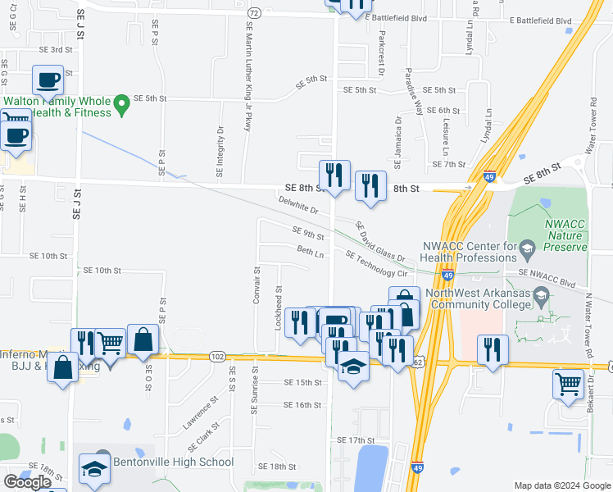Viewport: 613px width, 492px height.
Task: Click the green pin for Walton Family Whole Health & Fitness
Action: click(x=121, y=104)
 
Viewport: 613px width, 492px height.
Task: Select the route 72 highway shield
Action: click(x=255, y=14)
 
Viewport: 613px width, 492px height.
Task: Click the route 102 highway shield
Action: click(x=217, y=357)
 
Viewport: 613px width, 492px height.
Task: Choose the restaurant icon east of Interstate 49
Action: click(x=492, y=348)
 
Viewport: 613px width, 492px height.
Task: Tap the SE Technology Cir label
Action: click(x=377, y=265)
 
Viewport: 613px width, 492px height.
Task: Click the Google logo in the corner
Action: click(x=28, y=482)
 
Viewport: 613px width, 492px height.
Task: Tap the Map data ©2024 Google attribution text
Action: click(x=561, y=485)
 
